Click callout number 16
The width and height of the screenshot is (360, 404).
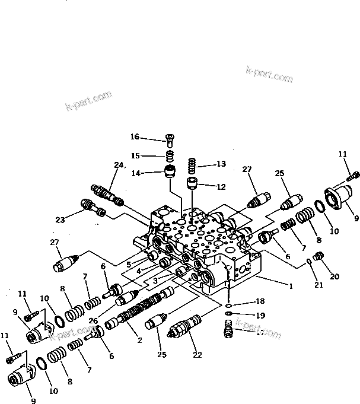pyautogui.click(x=135, y=137)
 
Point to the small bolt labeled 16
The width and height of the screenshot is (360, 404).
pyautogui.click(x=170, y=140)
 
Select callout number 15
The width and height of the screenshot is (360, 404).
pyautogui.click(x=135, y=155)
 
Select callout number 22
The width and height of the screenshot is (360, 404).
pyautogui.click(x=197, y=355)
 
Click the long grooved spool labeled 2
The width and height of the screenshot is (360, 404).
pyautogui.click(x=138, y=312)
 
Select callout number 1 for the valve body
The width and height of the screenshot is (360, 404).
pyautogui.click(x=291, y=286)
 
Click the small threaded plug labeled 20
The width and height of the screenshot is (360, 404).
pyautogui.click(x=318, y=257)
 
